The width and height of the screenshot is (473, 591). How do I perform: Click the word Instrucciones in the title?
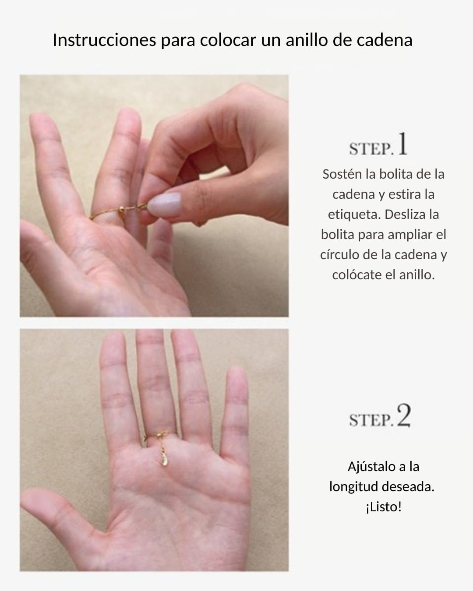[x=104, y=40]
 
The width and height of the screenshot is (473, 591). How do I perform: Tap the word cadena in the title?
[x=385, y=40]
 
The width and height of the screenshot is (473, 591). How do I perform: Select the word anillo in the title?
[x=307, y=40]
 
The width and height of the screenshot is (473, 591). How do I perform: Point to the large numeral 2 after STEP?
[x=404, y=415]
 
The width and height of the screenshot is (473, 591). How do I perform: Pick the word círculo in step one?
[x=339, y=255]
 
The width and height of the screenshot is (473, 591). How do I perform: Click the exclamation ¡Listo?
[x=384, y=507]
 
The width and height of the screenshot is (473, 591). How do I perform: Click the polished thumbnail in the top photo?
[x=164, y=201]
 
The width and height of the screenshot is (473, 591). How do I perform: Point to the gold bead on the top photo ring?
[x=121, y=210]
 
